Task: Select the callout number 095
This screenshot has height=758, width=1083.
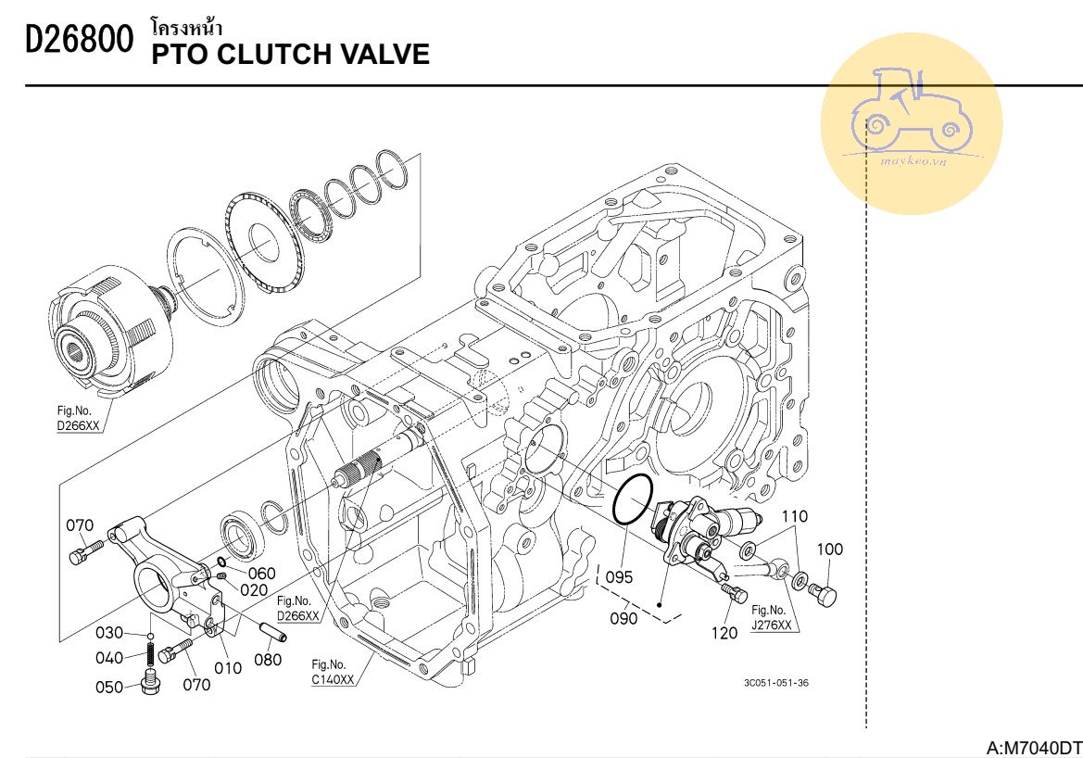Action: (619, 577)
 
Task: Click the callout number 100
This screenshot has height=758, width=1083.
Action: (830, 550)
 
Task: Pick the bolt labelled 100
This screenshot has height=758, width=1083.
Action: (824, 594)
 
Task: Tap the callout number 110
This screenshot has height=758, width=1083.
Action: (795, 516)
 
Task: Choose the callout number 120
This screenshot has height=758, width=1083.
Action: (726, 634)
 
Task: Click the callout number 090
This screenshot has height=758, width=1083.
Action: (623, 618)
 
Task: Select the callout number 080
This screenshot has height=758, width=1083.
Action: (268, 661)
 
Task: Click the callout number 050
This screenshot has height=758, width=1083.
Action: (109, 687)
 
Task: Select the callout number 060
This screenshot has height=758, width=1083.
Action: (262, 573)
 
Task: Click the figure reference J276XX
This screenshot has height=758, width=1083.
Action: (771, 625)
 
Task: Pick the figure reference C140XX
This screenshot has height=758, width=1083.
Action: (333, 679)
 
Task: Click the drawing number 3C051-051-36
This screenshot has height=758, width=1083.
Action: (776, 684)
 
